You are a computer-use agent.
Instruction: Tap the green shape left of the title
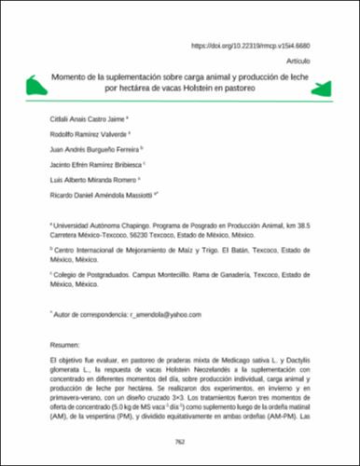click(x=37, y=86)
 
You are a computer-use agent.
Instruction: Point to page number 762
click(x=180, y=445)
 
